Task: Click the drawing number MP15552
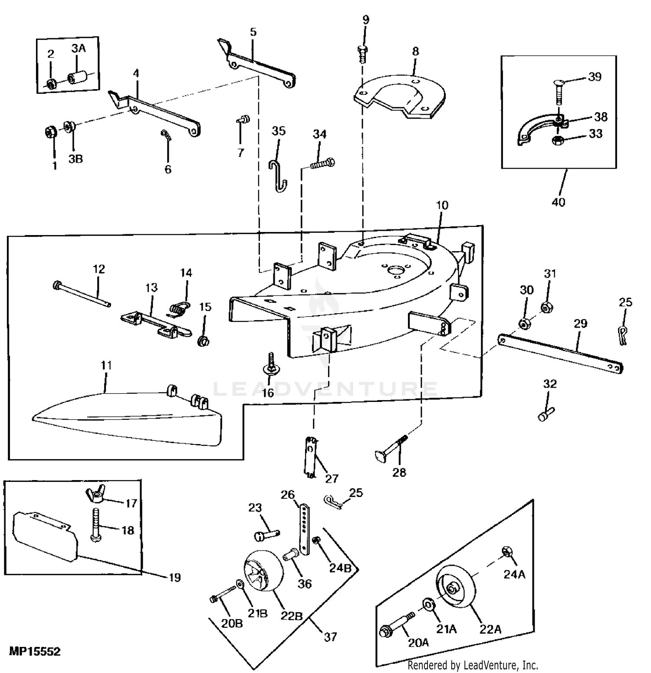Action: click(35, 651)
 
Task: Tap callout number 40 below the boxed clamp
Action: click(559, 202)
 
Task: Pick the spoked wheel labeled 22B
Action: click(262, 572)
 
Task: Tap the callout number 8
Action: click(415, 51)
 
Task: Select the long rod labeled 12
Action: click(82, 294)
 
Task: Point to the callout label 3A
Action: click(79, 49)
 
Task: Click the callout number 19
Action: click(174, 577)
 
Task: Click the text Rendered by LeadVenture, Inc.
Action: click(473, 665)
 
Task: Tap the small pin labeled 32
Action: click(546, 413)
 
